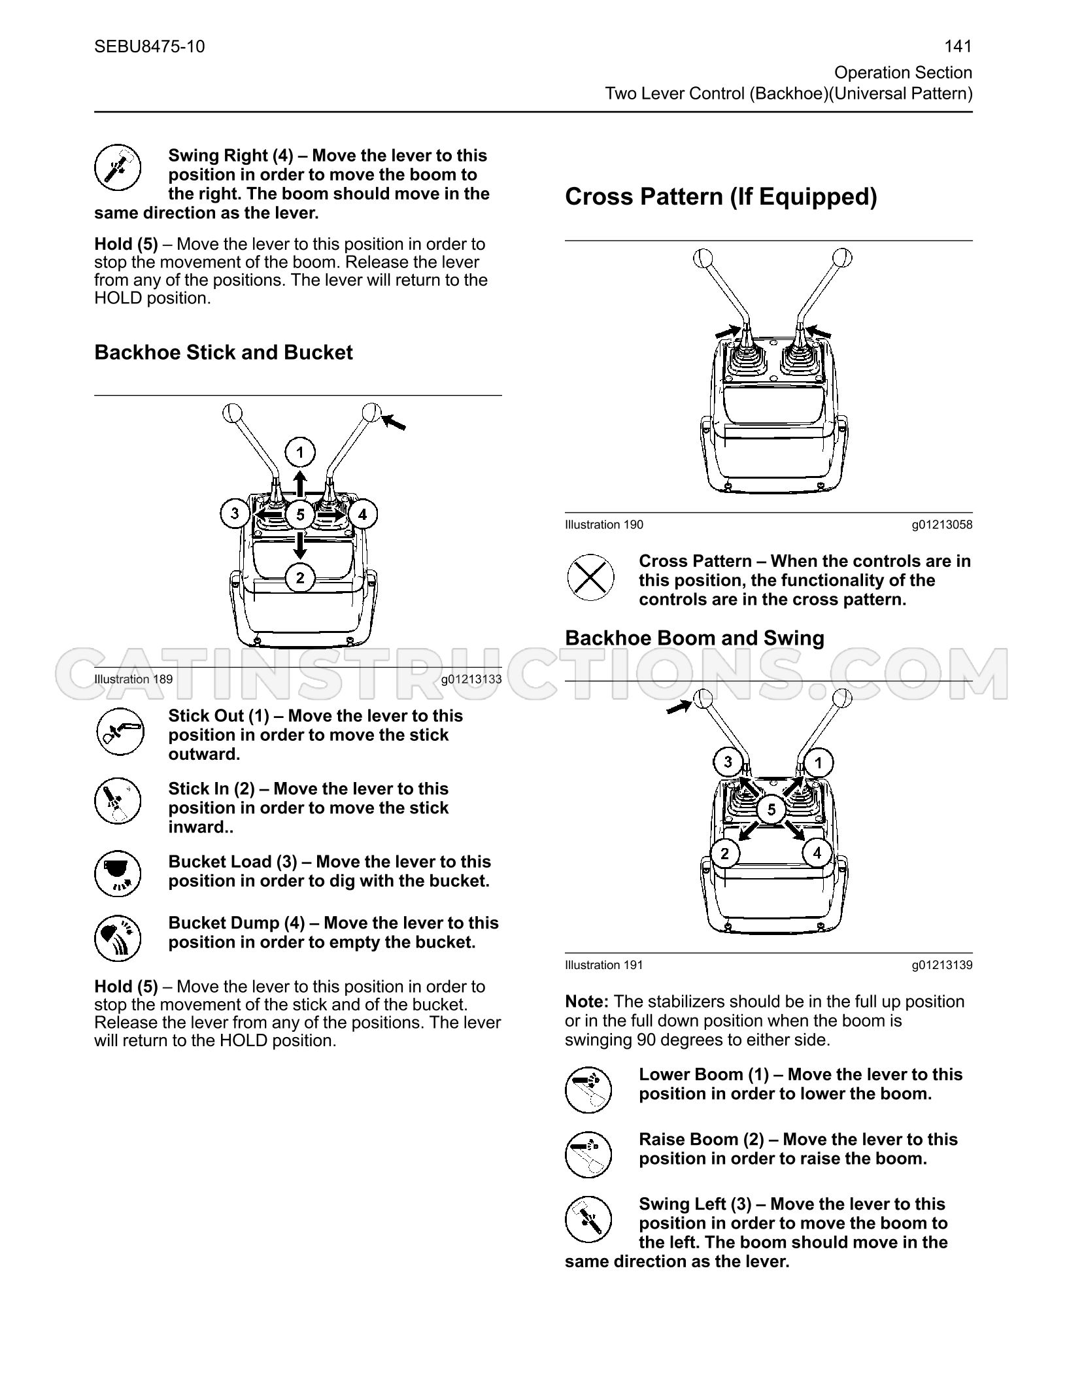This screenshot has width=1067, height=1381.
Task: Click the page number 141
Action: coord(958,46)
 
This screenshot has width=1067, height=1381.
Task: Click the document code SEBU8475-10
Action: coord(150,46)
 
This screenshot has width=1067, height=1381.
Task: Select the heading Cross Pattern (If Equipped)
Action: coord(720,197)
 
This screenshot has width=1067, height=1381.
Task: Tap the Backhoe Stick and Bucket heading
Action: coord(224,352)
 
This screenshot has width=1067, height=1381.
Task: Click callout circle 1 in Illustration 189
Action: coord(300,452)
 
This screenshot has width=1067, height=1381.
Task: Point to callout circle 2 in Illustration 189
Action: coord(300,577)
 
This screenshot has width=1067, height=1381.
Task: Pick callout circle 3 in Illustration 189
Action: coord(235,513)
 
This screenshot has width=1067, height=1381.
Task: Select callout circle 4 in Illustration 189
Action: coord(363,515)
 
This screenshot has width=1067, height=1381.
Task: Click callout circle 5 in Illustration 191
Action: coord(771,810)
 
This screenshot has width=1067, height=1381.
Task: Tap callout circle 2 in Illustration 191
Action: coord(724,853)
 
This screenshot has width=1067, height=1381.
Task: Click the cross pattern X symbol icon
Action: coord(590,577)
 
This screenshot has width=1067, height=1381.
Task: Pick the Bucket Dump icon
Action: coord(118,938)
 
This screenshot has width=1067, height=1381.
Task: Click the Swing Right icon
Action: coord(118,167)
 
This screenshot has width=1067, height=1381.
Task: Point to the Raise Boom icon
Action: coord(588,1154)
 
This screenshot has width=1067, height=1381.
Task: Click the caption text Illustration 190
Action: coord(604,524)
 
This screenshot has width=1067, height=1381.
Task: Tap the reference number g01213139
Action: coord(942,965)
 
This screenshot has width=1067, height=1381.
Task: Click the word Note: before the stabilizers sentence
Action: coord(587,1002)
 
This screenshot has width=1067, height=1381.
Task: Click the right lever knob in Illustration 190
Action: coord(843,256)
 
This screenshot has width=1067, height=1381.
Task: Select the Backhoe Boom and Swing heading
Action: coord(694,638)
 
